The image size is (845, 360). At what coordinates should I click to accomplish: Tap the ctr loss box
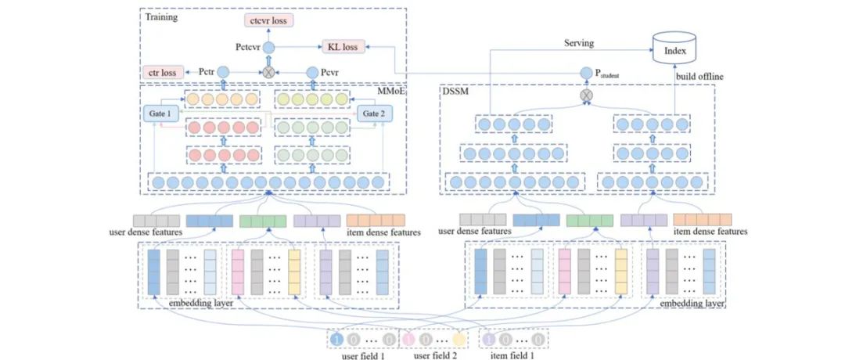pos(163,73)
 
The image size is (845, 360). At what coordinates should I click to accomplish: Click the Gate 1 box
pos(160,114)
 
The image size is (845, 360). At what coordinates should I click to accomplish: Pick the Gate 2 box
pos(373,114)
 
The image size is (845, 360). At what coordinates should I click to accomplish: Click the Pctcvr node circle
pos(268,49)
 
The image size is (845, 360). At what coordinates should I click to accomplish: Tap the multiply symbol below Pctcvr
pos(268,72)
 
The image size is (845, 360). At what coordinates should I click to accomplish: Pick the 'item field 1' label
pos(512,356)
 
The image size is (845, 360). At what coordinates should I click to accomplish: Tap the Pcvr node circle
pos(311,71)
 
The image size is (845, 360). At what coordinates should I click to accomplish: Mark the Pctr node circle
pos(222,72)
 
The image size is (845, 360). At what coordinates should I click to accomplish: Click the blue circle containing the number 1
pos(337,340)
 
